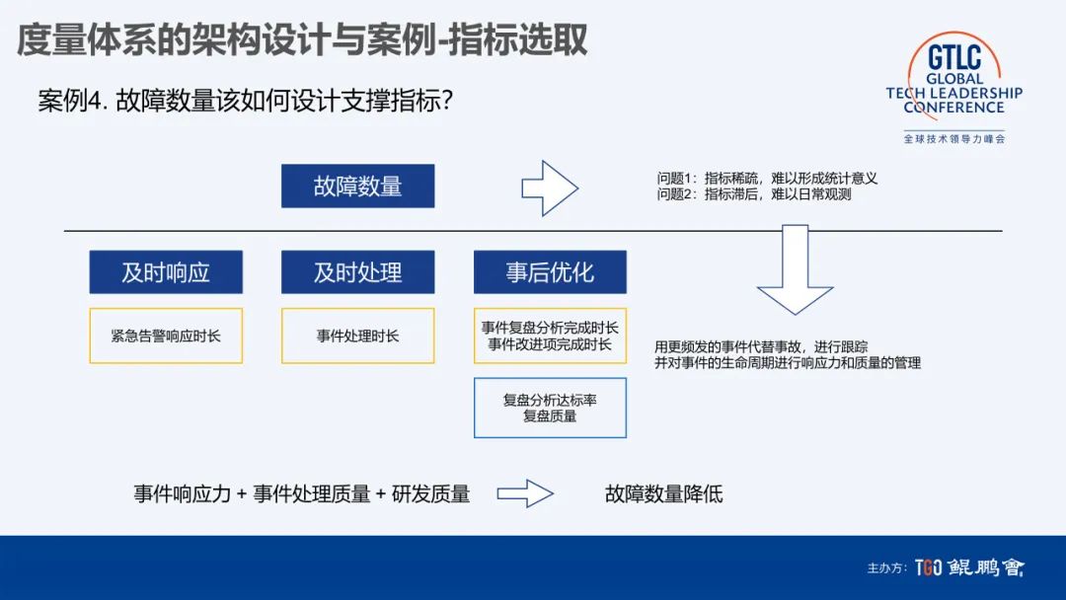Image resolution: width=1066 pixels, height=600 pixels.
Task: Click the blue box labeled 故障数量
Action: pos(357,186)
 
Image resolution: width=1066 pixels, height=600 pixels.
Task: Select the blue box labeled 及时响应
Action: pos(166,271)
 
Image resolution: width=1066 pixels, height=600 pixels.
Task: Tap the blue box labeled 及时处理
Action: pos(357,271)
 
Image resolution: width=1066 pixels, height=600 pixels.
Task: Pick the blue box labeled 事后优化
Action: pos(550,271)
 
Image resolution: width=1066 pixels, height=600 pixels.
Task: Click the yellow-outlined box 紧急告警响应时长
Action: pos(166,336)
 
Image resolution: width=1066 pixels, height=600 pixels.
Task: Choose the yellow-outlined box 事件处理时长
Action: pos(357,336)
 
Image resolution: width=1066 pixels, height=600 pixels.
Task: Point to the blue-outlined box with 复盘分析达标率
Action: pos(550,408)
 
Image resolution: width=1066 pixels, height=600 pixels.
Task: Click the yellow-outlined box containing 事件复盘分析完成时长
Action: pos(550,336)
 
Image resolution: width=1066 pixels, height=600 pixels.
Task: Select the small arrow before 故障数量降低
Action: pos(525,493)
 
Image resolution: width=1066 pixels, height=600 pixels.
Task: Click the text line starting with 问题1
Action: pos(767,179)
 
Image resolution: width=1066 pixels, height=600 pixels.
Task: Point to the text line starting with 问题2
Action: pos(754,194)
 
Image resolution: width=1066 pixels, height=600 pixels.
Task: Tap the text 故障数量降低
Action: pos(663,493)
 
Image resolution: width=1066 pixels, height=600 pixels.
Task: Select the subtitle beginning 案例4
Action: pos(245,101)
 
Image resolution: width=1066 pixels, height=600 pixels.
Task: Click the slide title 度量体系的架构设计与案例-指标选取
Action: pos(302,40)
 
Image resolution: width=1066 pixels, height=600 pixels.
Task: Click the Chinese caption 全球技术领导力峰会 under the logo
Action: pos(953,139)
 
